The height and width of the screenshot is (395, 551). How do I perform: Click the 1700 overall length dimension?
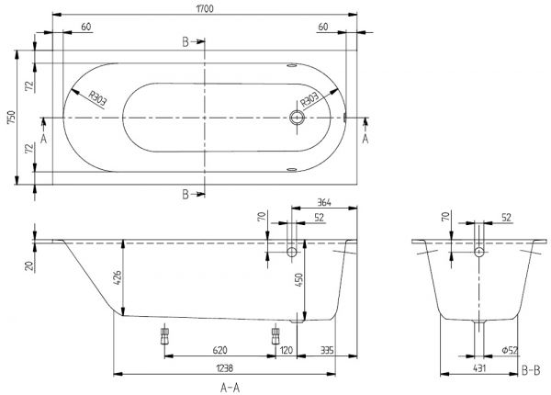[205, 8]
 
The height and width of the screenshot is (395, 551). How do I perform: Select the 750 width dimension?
[11, 118]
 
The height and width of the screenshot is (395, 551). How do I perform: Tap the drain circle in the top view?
[298, 118]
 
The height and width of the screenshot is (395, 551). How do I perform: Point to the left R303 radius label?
[97, 99]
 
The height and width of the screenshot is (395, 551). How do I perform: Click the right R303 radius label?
[310, 99]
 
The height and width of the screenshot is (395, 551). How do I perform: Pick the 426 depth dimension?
[118, 278]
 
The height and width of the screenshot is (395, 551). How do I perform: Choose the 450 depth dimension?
[298, 280]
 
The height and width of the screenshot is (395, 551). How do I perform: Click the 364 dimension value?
[324, 203]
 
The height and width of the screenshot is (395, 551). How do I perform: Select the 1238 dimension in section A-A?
[225, 368]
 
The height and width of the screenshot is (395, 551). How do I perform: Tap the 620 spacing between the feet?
[220, 350]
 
